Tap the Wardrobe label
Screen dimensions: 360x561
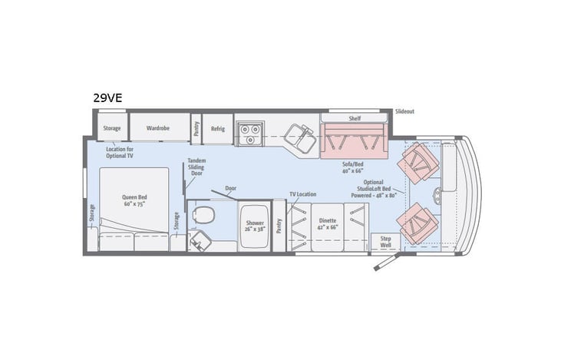point(158,127)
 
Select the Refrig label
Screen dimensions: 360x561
point(217,129)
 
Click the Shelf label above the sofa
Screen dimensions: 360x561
point(355,118)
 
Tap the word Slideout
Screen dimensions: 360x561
point(404,111)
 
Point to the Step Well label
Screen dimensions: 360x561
point(385,243)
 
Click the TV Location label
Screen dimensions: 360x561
point(302,194)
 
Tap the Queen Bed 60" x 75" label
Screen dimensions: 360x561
point(134,200)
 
